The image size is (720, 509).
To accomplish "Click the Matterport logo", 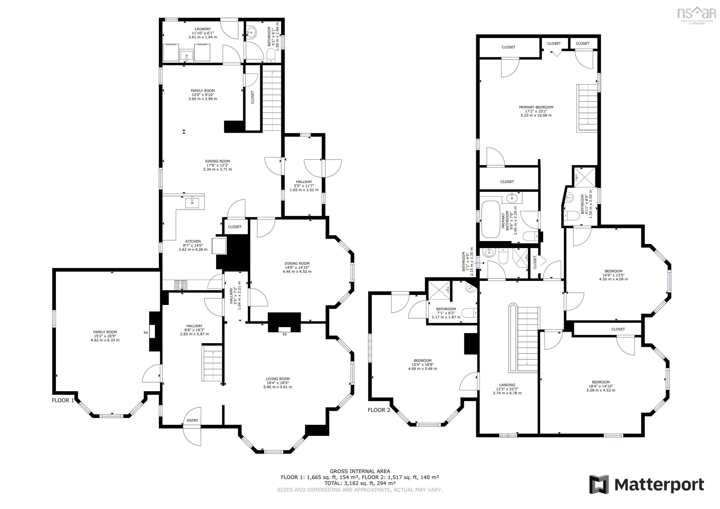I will [x=646, y=485].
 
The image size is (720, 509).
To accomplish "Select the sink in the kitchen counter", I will [x=192, y=203].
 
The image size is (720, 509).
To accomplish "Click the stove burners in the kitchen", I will [x=180, y=285].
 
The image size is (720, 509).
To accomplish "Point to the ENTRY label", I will [x=192, y=420].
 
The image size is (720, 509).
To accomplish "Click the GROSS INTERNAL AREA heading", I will [x=360, y=471].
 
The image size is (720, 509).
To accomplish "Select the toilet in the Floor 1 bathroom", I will [x=270, y=56].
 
